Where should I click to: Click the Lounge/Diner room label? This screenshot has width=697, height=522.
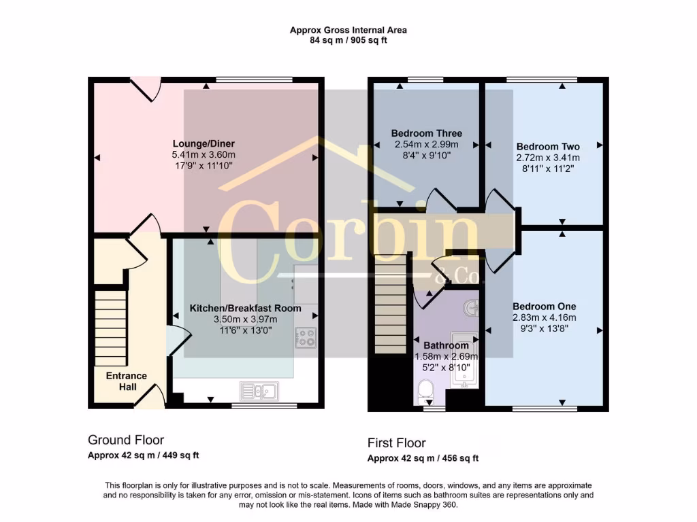[x=204, y=144]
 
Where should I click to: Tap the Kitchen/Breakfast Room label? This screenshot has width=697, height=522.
[x=245, y=308]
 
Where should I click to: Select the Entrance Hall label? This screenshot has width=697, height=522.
[x=126, y=381]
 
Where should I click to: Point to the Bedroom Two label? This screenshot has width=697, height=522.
[x=548, y=147]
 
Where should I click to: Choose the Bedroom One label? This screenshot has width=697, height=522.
[x=544, y=306]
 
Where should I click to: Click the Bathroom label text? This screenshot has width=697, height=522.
[x=446, y=345]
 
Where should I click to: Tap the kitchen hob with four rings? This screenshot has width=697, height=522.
[x=305, y=337]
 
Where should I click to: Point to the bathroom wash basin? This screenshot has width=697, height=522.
[x=471, y=308]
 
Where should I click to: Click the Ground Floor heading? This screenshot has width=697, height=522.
[x=126, y=440]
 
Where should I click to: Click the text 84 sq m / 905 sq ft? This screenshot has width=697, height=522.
[x=348, y=40]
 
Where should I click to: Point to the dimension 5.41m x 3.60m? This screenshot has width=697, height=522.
[x=204, y=156]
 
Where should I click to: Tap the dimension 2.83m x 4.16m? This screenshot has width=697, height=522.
[x=544, y=317]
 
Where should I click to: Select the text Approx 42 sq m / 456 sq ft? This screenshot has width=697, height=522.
[x=423, y=458]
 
